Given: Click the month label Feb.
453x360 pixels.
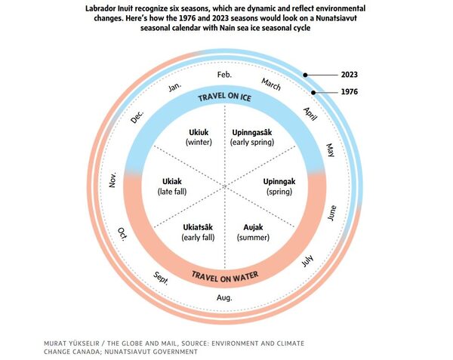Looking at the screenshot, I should coord(224,75).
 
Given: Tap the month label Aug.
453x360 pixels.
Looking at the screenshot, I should coord(224,298).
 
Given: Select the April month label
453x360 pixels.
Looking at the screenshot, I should coord(310,113).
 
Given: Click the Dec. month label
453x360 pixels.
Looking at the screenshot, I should coord(137,117).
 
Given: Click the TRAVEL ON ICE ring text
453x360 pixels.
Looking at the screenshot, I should coord(224,97).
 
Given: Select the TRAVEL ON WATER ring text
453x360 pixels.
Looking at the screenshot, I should coord(223,275).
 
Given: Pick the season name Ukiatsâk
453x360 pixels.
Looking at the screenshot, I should coord(198,227).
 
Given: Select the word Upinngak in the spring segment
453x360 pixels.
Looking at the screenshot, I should coord(279,181).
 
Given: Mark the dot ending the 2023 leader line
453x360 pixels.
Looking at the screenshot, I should coord(305,75).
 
